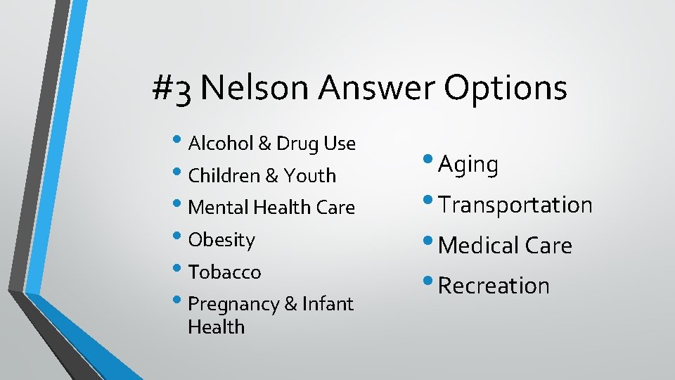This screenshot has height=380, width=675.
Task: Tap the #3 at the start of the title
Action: click(172, 90)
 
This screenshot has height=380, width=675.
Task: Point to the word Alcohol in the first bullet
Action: click(221, 144)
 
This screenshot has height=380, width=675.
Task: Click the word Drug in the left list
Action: click(298, 144)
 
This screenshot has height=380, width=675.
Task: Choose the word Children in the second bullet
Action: click(224, 176)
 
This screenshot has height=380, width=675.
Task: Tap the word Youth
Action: click(310, 176)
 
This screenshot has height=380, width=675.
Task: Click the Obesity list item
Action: click(221, 240)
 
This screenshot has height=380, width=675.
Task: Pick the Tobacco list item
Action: click(224, 272)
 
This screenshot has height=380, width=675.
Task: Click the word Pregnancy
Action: click(233, 305)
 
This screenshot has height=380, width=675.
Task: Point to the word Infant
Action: click(328, 304)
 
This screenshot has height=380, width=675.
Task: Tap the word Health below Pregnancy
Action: click(216, 327)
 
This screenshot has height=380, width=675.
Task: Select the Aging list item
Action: click(468, 165)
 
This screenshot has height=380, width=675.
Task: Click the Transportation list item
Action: click(515, 205)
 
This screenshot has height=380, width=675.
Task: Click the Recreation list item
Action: click(493, 286)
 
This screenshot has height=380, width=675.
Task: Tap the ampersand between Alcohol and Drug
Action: click(265, 144)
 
